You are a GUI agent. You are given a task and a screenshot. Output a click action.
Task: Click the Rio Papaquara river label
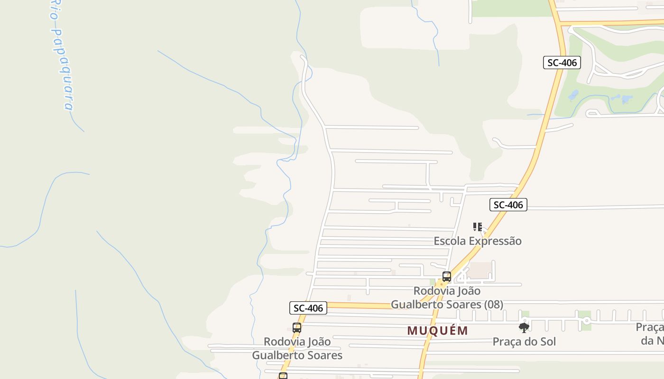(x=61, y=57)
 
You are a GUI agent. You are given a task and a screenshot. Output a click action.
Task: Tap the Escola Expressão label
(x=477, y=241)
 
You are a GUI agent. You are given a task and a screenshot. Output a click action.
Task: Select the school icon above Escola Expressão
(x=477, y=227)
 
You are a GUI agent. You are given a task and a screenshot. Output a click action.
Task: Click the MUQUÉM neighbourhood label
(x=437, y=331)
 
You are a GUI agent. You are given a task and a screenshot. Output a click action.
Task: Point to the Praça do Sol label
(x=524, y=342)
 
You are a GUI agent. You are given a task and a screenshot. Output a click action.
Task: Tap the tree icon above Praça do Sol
(x=524, y=327)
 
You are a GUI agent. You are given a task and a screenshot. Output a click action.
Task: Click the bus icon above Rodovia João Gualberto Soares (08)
(x=446, y=277)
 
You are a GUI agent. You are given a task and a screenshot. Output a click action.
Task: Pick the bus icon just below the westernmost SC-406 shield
(x=297, y=327)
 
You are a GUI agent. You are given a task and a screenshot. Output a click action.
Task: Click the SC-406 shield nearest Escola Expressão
(x=508, y=205)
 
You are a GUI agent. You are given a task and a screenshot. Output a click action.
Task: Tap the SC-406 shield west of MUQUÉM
(x=308, y=308)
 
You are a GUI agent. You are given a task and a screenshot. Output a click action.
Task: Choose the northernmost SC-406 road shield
(x=562, y=63)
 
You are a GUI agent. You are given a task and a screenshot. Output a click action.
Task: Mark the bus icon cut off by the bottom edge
(x=283, y=376)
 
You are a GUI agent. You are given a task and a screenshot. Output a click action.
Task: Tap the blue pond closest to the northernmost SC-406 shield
(x=573, y=95)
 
